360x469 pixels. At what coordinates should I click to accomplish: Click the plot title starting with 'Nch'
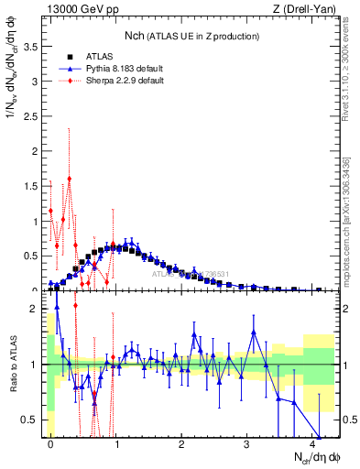pos(191,36)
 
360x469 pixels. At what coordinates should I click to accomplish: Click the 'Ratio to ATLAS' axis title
pos(12,365)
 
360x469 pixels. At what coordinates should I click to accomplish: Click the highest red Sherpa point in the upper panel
pos(70,179)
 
